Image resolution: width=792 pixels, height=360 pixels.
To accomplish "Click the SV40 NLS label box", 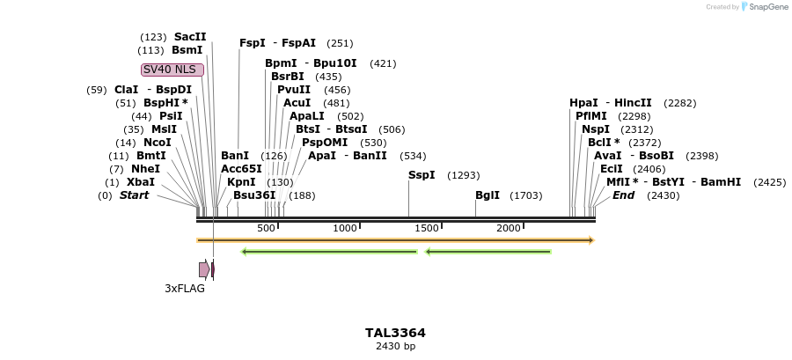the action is click(172, 70).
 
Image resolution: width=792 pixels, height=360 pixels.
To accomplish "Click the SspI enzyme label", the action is click(422, 175).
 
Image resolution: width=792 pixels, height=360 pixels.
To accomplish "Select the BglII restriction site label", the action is click(488, 195).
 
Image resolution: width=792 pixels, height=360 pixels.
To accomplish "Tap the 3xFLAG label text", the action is click(185, 288).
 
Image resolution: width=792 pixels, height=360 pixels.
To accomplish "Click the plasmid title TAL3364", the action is click(395, 333).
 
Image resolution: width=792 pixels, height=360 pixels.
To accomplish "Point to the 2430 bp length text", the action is click(395, 346).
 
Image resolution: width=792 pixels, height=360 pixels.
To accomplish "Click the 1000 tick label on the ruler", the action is click(345, 229).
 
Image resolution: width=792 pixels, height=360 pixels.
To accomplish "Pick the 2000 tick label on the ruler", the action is click(509, 229).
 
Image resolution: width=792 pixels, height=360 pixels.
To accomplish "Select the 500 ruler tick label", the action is click(267, 229).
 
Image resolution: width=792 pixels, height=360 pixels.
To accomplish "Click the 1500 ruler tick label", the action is click(427, 229).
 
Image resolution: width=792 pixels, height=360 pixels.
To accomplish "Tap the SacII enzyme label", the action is click(190, 37).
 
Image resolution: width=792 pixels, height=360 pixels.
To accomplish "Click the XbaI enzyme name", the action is click(141, 182).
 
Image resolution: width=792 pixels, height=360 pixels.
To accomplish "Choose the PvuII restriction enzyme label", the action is click(294, 90).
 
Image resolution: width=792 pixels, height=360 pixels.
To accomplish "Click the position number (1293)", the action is click(464, 175).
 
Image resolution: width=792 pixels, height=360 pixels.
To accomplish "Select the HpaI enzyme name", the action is click(583, 103).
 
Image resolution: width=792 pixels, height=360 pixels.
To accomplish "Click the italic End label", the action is click(623, 195).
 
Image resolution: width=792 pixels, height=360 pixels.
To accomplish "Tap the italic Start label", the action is click(135, 195).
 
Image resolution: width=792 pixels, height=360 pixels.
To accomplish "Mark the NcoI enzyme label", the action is click(158, 143).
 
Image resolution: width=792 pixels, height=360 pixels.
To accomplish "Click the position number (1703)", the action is click(526, 195).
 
